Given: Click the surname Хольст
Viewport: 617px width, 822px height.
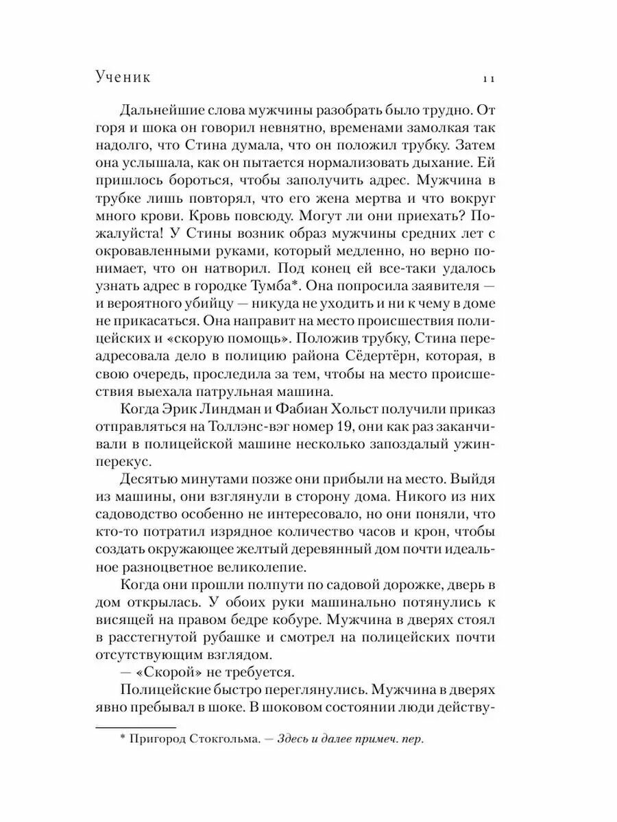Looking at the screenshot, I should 376,409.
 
